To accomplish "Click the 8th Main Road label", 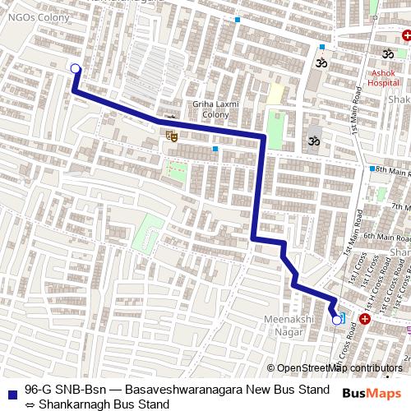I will pyautogui.click(x=393, y=172).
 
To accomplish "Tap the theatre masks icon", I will pyautogui.click(x=171, y=133).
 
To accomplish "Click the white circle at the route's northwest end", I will pyautogui.click(x=76, y=69).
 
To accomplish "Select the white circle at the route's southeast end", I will pyautogui.click(x=336, y=319).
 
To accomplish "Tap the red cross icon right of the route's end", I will pyautogui.click(x=364, y=317).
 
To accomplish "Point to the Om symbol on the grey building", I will pyautogui.click(x=313, y=141).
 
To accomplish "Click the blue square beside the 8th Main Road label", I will pyautogui.click(x=372, y=169).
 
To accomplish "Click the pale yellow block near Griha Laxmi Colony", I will pyautogui.click(x=275, y=93).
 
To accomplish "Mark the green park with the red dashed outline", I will pyautogui.click(x=175, y=172).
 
